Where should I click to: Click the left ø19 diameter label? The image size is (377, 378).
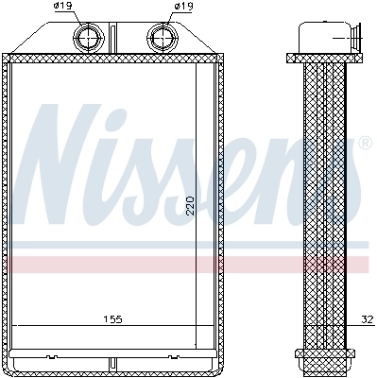63,7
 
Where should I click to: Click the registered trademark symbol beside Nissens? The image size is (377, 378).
365,144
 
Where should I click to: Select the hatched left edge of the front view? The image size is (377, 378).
8,208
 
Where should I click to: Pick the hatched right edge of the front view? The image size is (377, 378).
222,208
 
